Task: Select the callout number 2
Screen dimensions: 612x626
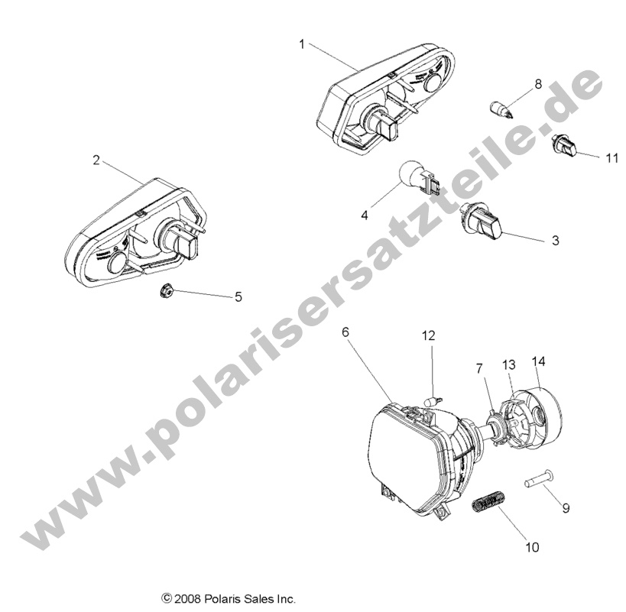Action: point(96,160)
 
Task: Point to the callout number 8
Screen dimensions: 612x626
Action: point(538,84)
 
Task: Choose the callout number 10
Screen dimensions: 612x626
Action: point(531,547)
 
